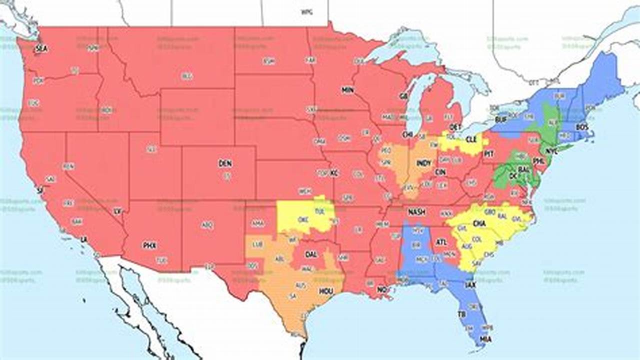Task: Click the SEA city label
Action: (x=41, y=48)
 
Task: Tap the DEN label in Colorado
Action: (x=225, y=163)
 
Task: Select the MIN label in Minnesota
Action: (x=347, y=90)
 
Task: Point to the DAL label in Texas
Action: (x=311, y=254)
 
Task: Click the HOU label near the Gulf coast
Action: (x=326, y=290)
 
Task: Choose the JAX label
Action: (x=470, y=284)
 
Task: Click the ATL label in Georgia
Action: (x=441, y=242)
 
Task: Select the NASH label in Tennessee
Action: (x=416, y=212)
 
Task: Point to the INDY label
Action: (x=423, y=163)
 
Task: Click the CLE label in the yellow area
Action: (x=471, y=140)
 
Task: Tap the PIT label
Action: (x=488, y=154)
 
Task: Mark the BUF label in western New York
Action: (x=500, y=120)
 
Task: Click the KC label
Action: (x=334, y=173)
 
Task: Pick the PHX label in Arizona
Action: (x=149, y=245)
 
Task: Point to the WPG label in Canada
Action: (x=306, y=12)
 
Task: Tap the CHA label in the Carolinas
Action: (x=478, y=223)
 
